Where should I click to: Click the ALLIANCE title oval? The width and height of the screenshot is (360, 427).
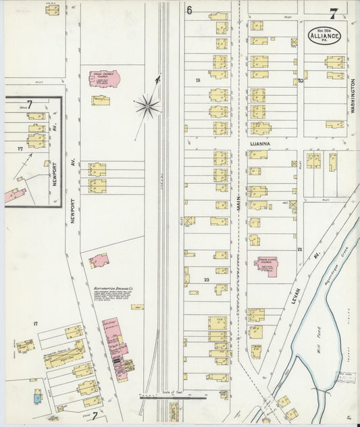click(326, 36)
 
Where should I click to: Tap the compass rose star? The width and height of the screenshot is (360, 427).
click(147, 105)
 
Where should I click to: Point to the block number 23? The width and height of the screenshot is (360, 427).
click(207, 279)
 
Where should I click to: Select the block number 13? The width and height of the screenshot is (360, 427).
click(198, 80)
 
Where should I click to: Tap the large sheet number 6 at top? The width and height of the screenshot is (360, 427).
click(190, 10)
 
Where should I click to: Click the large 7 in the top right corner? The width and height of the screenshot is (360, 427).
click(334, 11)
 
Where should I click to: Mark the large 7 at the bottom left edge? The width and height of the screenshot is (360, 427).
click(95, 417)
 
